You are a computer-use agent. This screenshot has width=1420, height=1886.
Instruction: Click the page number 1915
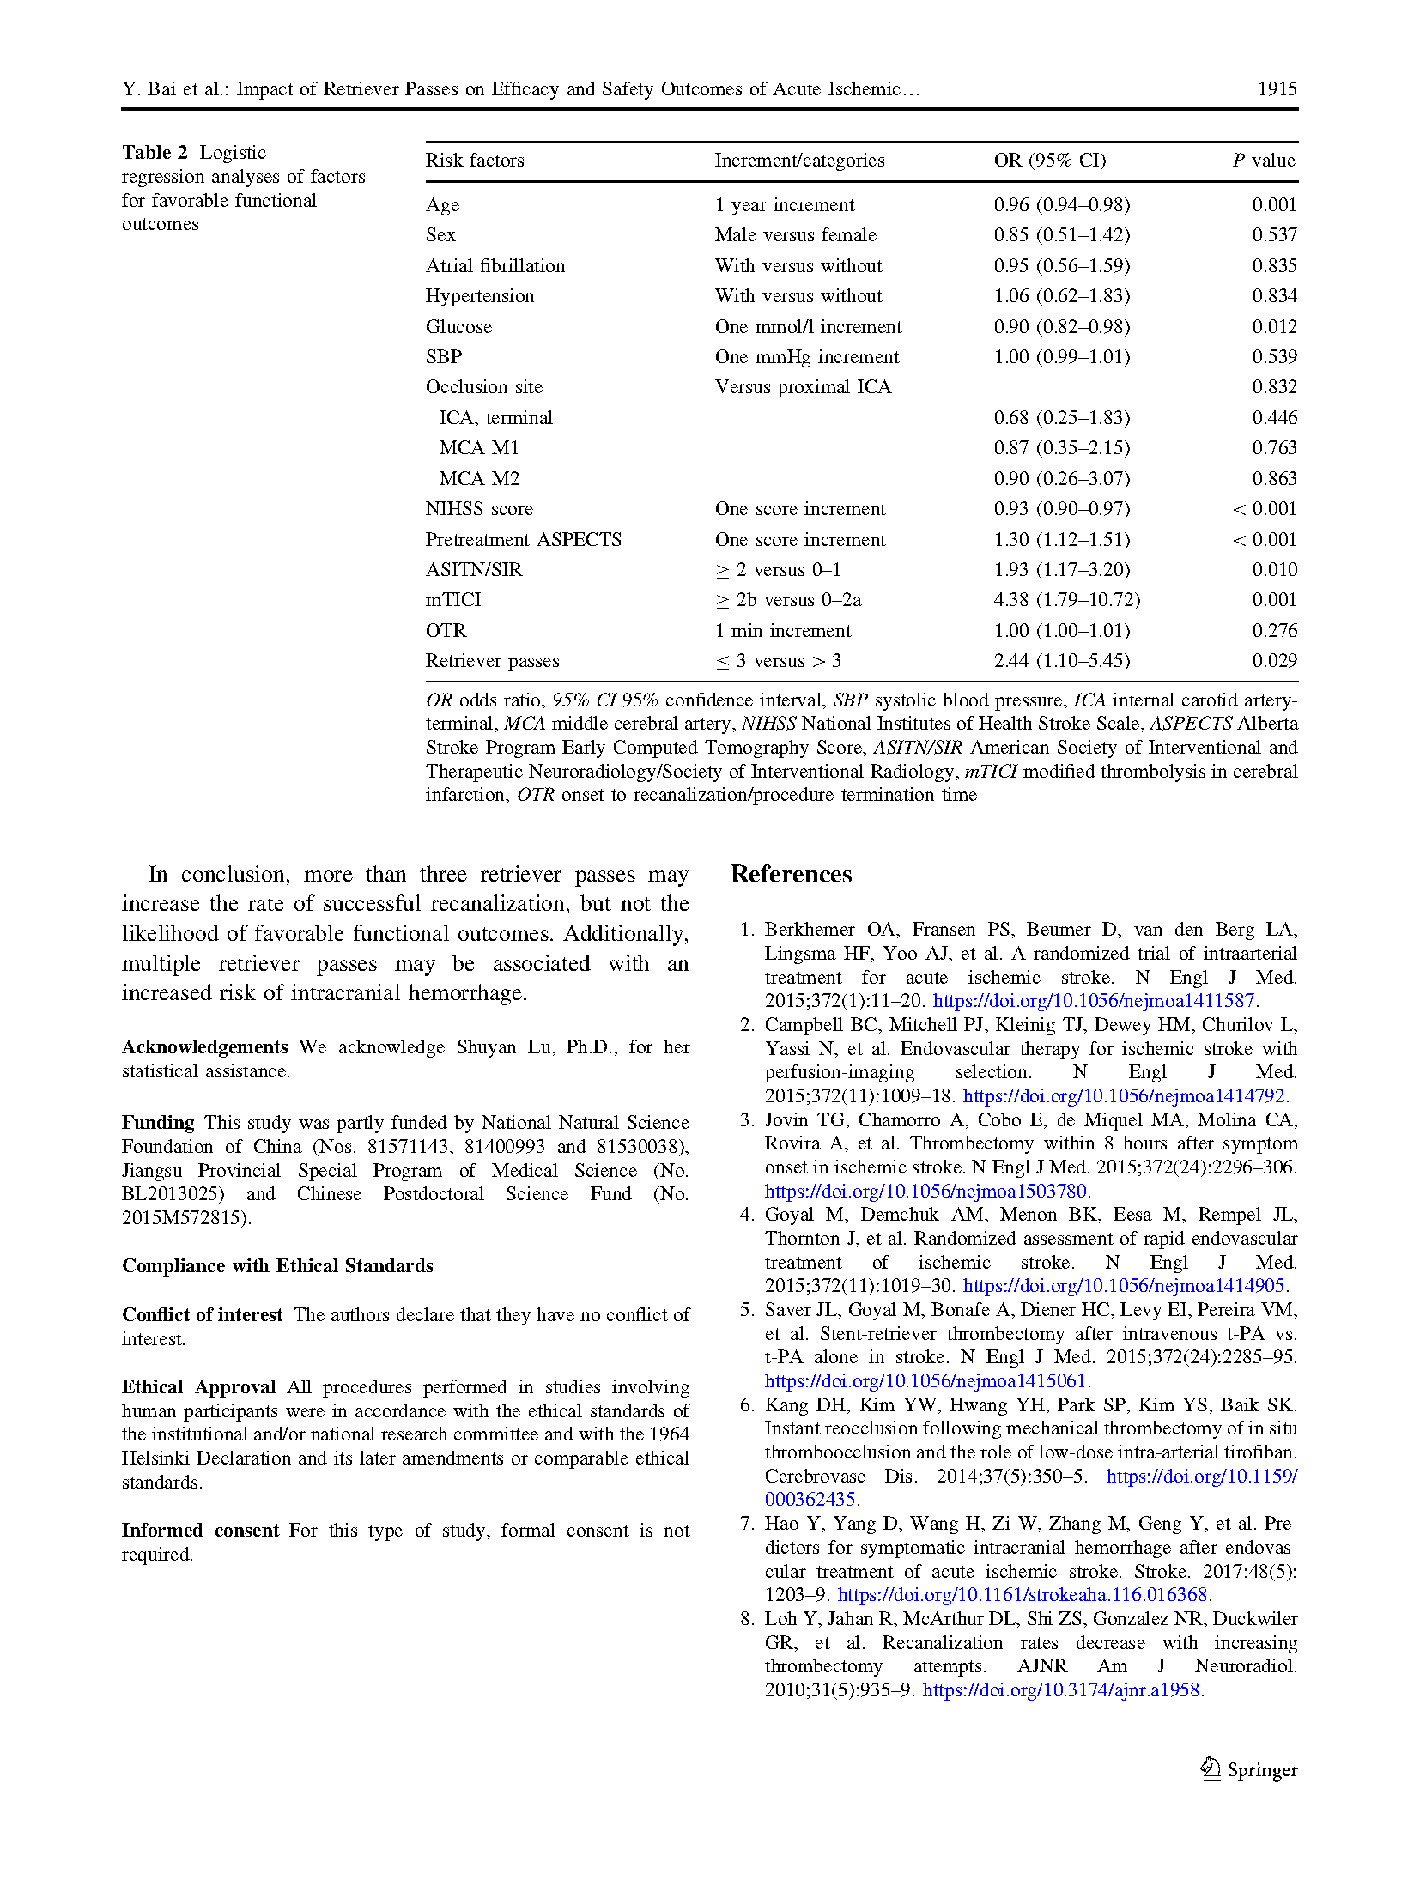(x=1277, y=89)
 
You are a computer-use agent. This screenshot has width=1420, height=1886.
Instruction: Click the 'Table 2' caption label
(x=155, y=153)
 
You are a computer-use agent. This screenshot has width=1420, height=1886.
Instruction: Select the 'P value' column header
(x=1264, y=161)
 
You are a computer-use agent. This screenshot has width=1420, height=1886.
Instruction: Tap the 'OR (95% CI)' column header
(x=1049, y=161)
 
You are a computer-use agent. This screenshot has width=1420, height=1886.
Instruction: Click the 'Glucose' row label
(x=458, y=327)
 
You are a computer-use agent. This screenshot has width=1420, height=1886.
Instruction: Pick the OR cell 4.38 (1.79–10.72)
(x=1066, y=600)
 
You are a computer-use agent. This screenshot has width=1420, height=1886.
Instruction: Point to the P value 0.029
(x=1274, y=661)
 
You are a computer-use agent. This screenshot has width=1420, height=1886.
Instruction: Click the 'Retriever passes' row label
(x=492, y=661)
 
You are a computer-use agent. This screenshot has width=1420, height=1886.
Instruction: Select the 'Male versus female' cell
(x=795, y=235)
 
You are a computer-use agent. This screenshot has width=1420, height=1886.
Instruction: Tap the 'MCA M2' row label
(x=479, y=479)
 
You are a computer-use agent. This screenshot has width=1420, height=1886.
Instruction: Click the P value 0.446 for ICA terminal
(x=1274, y=418)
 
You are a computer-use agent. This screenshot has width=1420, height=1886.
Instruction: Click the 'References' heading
(x=791, y=875)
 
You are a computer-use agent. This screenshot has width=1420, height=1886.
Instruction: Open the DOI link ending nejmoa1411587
(x=1094, y=1001)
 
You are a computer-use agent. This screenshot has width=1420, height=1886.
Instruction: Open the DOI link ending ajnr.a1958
(x=1061, y=1690)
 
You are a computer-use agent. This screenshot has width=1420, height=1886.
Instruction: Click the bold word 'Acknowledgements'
(x=204, y=1047)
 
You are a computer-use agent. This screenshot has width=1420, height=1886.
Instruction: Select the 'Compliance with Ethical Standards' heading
(x=277, y=1266)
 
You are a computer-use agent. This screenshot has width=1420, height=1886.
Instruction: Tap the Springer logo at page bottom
(x=1248, y=1770)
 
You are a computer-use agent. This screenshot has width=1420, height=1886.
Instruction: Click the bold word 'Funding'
(x=158, y=1123)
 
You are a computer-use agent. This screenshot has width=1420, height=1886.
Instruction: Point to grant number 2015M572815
(x=185, y=1218)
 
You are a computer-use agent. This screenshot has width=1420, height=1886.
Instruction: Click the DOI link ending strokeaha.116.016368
(x=1023, y=1595)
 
